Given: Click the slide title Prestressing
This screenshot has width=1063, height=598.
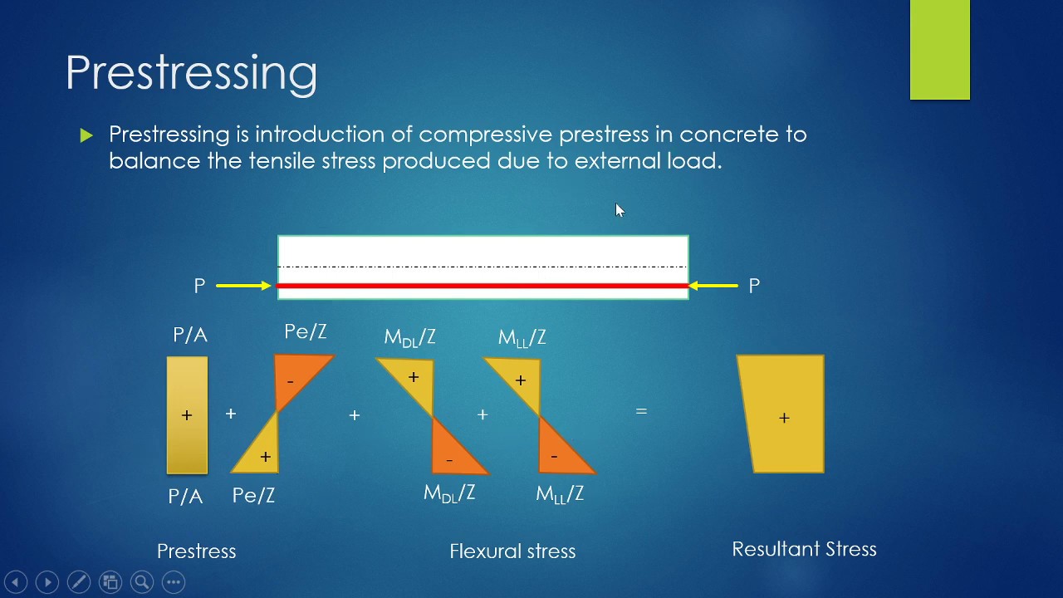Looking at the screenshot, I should (x=191, y=73).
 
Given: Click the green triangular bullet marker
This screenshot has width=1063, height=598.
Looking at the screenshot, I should (x=87, y=135).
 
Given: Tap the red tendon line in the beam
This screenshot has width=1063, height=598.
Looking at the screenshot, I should (x=482, y=286).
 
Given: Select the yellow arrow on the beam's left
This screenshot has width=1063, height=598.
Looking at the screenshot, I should (x=243, y=286).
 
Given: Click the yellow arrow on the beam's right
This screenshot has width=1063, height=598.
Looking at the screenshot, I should (x=713, y=286).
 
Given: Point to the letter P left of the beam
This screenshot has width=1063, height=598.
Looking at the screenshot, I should (x=199, y=287).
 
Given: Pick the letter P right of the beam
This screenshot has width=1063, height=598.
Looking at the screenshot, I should (x=754, y=287).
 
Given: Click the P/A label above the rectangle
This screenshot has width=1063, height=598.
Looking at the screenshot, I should (x=190, y=336).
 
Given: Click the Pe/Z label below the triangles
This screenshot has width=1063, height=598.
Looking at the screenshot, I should (x=253, y=496).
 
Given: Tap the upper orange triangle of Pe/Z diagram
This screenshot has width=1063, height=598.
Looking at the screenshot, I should (x=296, y=375).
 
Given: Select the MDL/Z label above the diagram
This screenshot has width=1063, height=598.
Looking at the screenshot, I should (x=409, y=337).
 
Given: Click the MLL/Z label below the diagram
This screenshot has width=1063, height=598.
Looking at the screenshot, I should (x=560, y=494).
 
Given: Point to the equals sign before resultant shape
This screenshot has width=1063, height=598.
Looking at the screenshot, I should (x=641, y=411).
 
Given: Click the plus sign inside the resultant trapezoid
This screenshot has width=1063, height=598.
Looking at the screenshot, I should (x=784, y=418).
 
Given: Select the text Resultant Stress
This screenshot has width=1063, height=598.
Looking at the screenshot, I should (x=804, y=549).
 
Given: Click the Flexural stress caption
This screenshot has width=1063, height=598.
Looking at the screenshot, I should (x=512, y=551).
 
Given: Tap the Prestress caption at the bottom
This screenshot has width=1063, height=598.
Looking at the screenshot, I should (x=197, y=551).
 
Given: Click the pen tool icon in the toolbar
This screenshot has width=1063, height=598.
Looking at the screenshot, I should (x=79, y=582).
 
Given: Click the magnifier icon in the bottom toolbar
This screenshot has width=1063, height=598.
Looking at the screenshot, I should (x=142, y=582).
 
